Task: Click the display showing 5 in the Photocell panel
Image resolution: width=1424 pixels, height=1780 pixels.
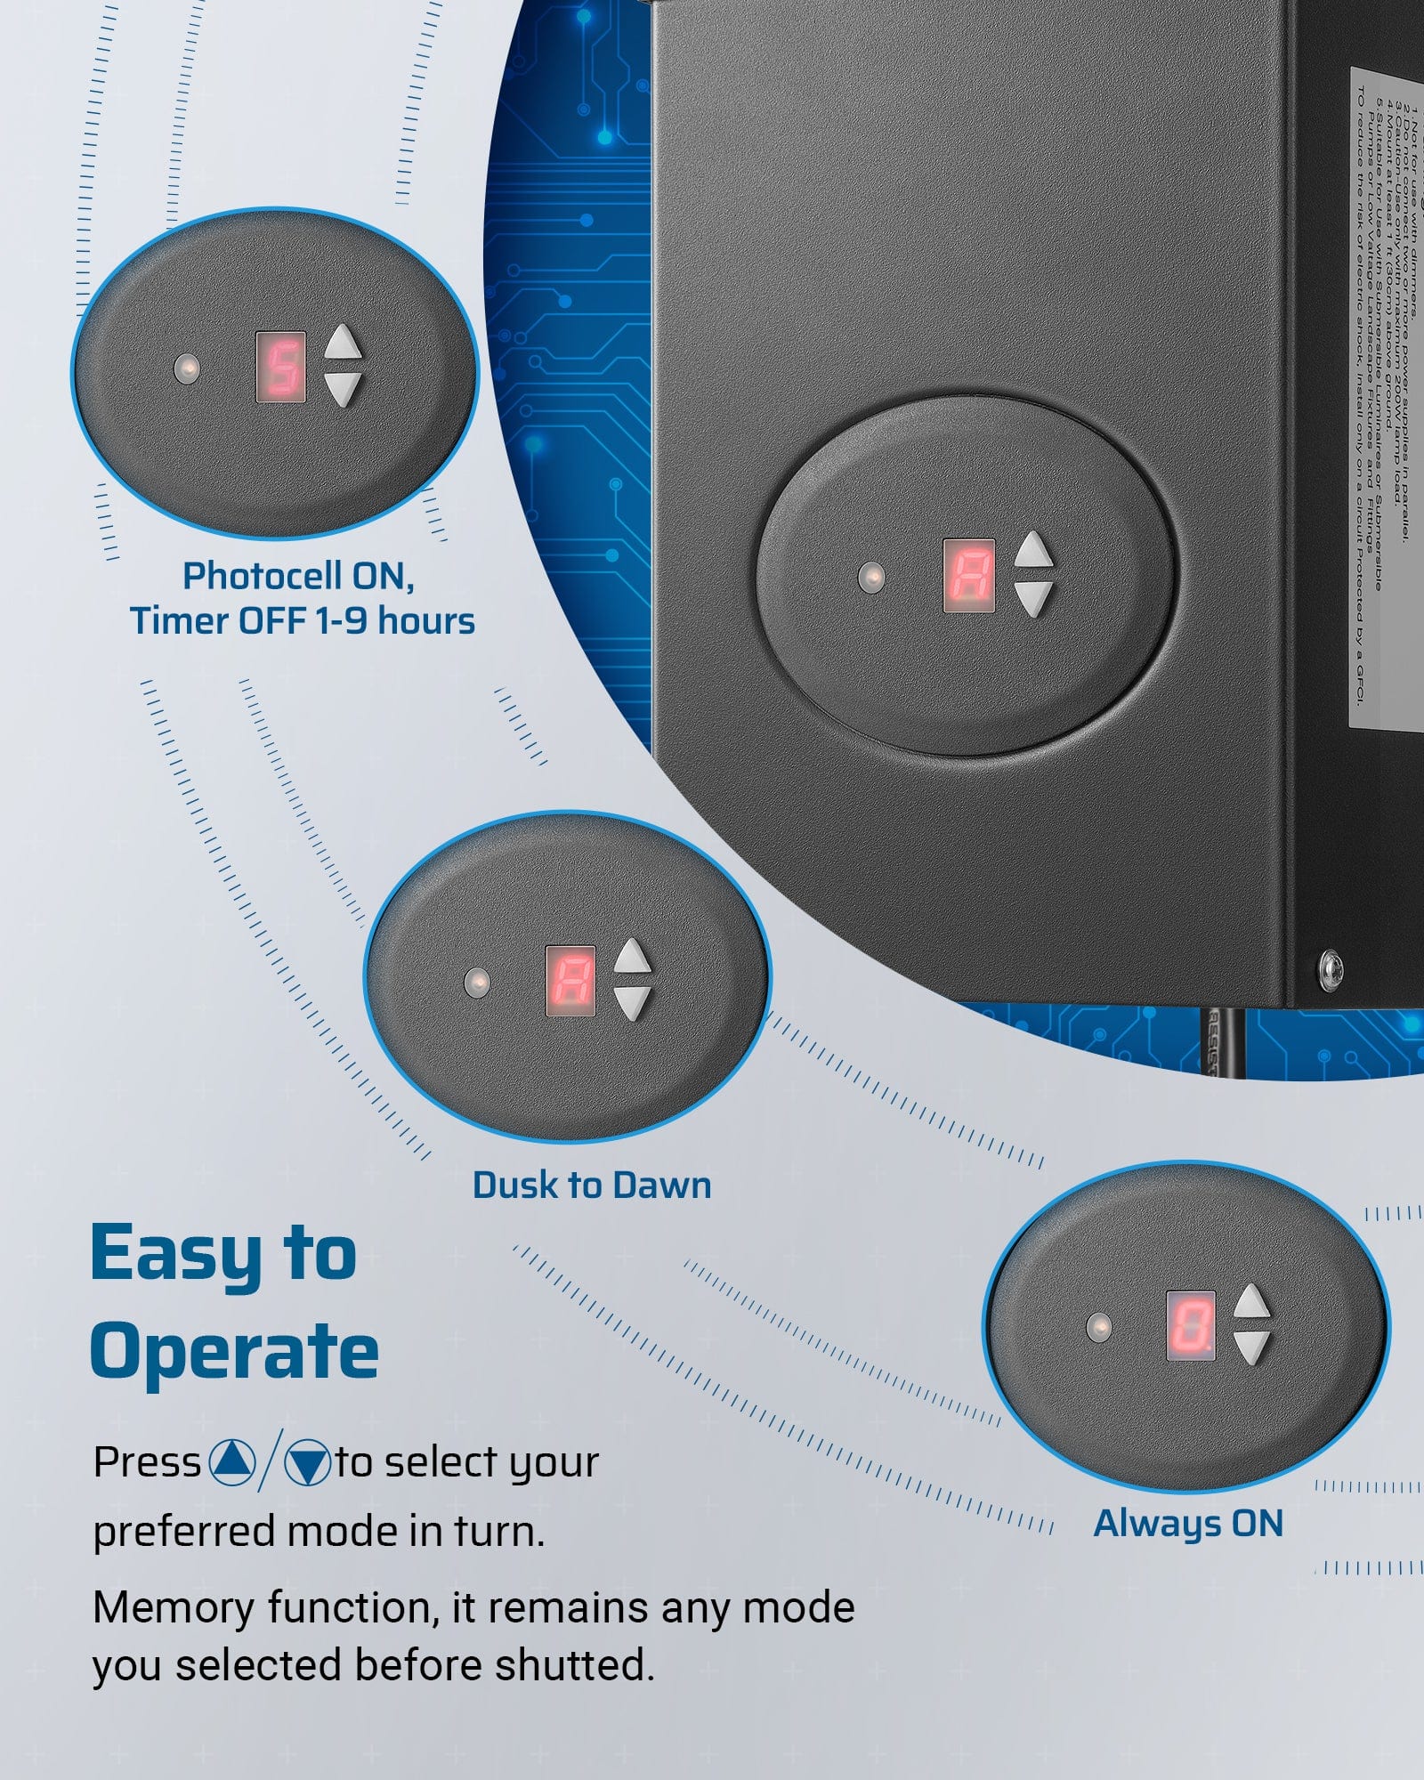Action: [281, 367]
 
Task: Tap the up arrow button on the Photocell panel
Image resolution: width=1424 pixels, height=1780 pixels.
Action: [344, 343]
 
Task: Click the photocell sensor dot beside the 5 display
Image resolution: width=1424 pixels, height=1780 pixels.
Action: [187, 368]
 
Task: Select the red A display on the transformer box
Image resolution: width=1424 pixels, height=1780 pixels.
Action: [968, 575]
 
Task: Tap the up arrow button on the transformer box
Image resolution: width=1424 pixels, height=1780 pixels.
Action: [1033, 551]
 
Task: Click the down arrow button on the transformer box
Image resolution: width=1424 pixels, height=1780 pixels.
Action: [1033, 598]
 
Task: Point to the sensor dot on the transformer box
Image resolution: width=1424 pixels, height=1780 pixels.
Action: [871, 577]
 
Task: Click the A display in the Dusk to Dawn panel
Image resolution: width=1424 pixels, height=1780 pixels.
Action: [570, 980]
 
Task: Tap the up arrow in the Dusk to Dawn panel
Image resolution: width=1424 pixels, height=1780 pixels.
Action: [633, 957]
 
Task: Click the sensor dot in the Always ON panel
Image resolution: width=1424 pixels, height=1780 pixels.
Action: [1100, 1327]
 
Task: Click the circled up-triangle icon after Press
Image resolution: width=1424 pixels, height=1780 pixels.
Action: [232, 1461]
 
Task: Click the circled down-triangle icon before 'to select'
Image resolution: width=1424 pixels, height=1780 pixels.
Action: [307, 1463]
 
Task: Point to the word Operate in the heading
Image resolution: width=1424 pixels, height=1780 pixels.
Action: [234, 1351]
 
